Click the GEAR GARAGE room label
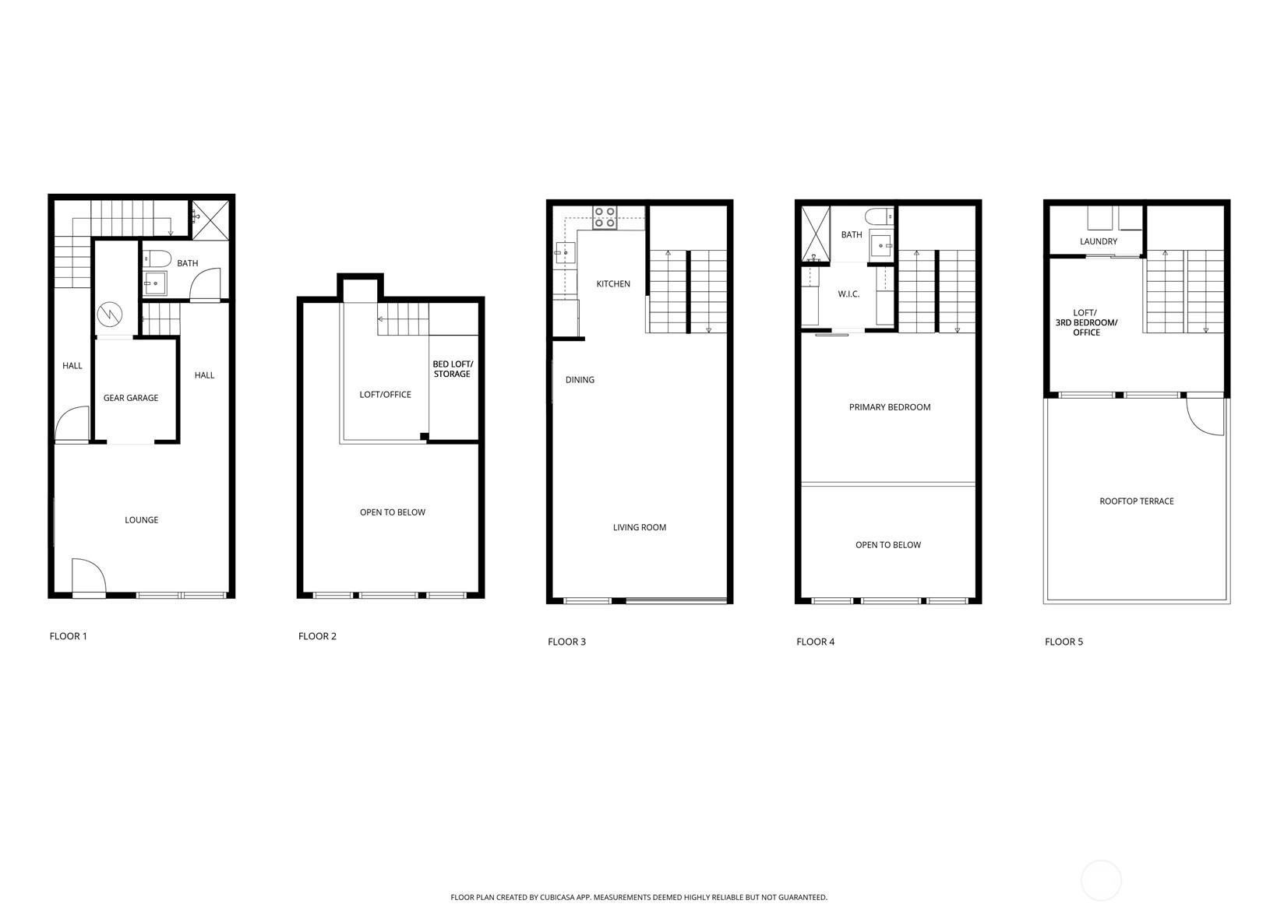(131, 398)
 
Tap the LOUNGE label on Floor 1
(141, 519)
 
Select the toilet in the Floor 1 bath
(157, 259)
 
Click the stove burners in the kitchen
(605, 217)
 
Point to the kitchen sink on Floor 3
(565, 252)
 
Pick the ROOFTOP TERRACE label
(1136, 501)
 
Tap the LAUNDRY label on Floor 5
(1098, 241)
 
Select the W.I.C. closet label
(848, 294)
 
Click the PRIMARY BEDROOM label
(889, 407)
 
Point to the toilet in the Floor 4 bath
(880, 216)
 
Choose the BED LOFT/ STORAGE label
(453, 369)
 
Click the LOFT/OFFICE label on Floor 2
(385, 394)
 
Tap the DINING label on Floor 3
(580, 380)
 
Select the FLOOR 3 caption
(566, 642)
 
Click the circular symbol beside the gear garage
(109, 314)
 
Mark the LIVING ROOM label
(639, 528)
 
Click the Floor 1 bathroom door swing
(204, 283)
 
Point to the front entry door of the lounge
(88, 576)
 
